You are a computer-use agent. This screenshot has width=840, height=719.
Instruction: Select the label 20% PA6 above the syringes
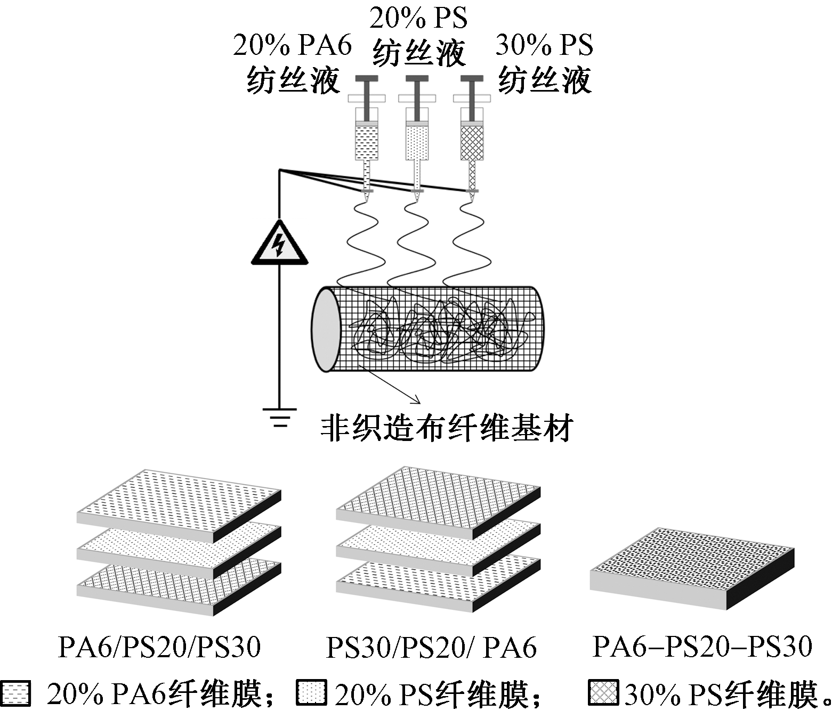pos(293,46)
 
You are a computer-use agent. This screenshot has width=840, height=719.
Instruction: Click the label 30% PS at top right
pos(544,46)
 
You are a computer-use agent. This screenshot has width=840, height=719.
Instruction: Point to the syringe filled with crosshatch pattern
pos(472,142)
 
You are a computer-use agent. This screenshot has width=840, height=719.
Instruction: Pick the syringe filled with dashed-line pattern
pos(367,142)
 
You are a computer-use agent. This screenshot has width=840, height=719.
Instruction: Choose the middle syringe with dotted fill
pos(417,142)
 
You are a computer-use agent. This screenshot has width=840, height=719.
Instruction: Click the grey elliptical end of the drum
pos(326,329)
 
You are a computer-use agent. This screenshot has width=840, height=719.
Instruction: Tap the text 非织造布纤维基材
pos(447,428)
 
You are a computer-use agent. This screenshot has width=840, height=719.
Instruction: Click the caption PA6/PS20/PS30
pos(159,647)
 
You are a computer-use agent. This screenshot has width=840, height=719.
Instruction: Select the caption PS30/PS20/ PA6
pos(431,647)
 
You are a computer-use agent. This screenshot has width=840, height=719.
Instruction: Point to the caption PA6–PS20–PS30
pos(702,646)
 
